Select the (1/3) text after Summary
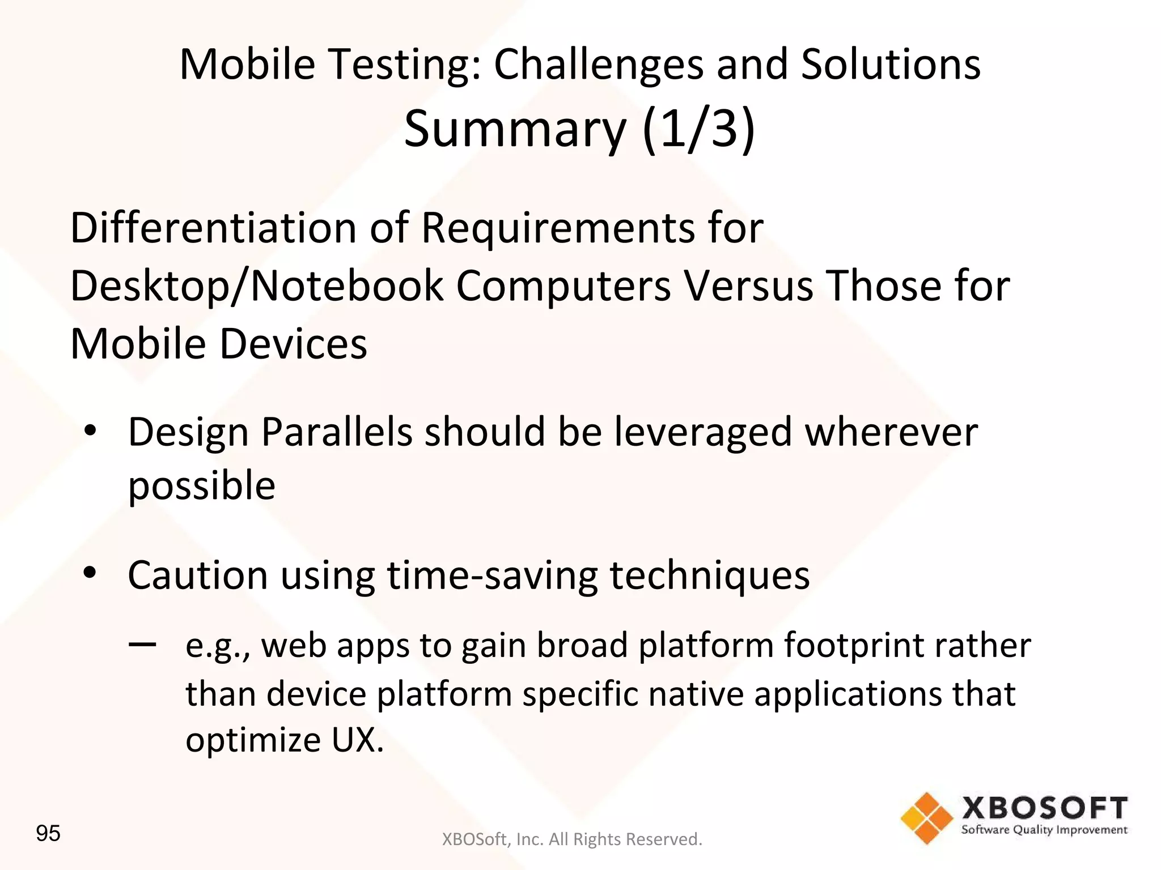click(x=698, y=130)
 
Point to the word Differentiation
click(x=213, y=228)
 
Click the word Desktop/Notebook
click(x=256, y=285)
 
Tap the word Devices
click(x=293, y=344)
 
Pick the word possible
click(x=202, y=486)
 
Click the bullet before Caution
click(x=90, y=573)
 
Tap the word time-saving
click(x=491, y=575)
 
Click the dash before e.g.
click(x=142, y=645)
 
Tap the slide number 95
click(x=48, y=834)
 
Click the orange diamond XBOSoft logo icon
click(x=927, y=818)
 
